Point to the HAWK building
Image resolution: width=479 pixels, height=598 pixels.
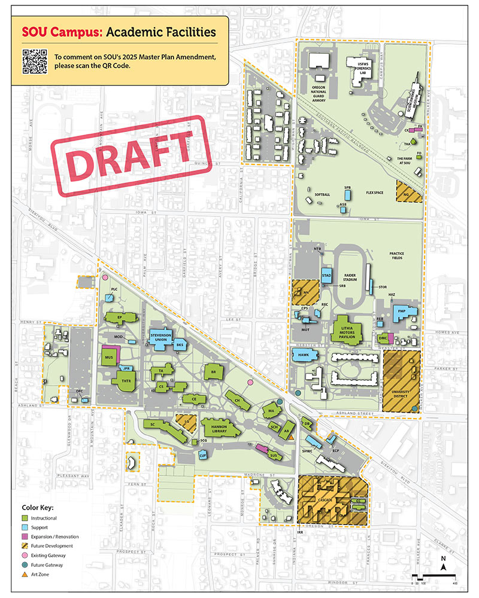point(303,355)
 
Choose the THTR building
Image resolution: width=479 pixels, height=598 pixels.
point(126,380)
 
